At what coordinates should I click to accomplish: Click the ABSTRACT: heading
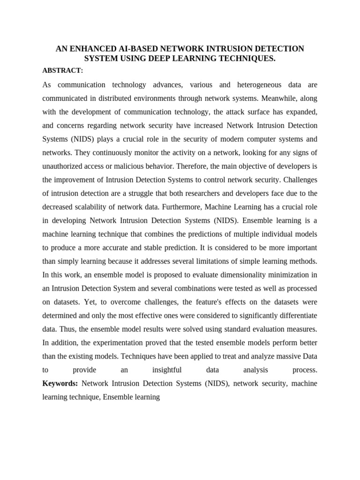(62, 70)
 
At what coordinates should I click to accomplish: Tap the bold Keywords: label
(60, 383)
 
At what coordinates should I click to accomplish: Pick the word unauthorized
(63, 166)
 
